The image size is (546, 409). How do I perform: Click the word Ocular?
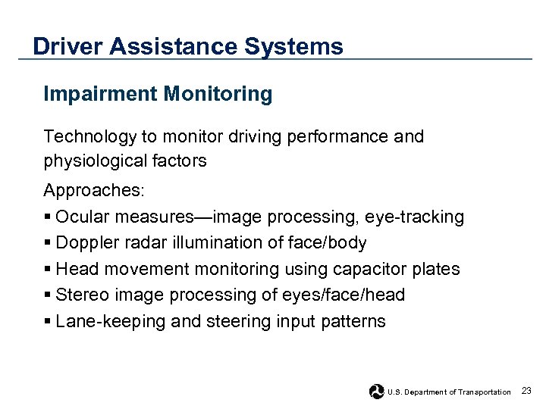(x=82, y=217)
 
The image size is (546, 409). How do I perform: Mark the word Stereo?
(x=81, y=295)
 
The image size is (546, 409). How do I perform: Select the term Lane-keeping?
(x=111, y=322)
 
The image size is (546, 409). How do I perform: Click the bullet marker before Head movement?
(x=48, y=270)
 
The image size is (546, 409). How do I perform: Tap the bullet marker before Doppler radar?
(x=48, y=244)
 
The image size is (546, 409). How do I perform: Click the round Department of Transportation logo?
(x=377, y=392)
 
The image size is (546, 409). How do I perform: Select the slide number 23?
(x=526, y=391)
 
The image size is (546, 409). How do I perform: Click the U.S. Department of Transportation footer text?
(x=449, y=392)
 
